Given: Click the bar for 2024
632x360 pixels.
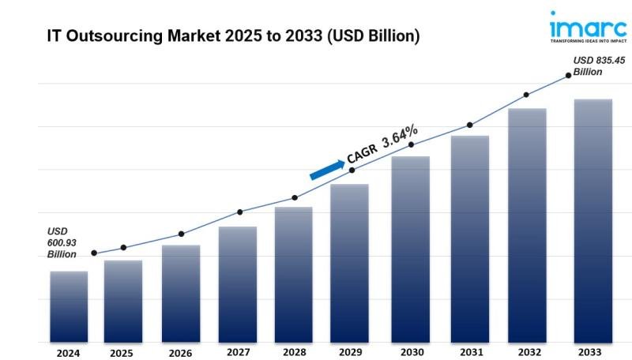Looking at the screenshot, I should click(x=69, y=306).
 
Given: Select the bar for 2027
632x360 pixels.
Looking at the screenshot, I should click(x=238, y=284).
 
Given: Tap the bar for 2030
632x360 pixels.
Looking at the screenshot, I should click(x=411, y=249).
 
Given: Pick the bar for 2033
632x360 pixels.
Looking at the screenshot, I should click(x=592, y=220).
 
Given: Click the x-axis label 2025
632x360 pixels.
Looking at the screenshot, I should click(x=122, y=353).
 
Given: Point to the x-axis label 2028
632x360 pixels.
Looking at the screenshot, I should click(x=295, y=352).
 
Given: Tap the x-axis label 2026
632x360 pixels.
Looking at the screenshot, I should click(x=180, y=353).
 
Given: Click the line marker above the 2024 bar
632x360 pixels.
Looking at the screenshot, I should click(x=94, y=253).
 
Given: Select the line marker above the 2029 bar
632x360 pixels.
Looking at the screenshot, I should click(x=352, y=170).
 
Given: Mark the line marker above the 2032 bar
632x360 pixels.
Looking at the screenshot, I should click(x=526, y=95).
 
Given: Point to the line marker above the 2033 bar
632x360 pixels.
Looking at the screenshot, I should click(x=568, y=76).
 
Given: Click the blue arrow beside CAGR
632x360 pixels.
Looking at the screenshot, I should click(x=326, y=169).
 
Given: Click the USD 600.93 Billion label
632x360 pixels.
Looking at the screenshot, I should click(x=62, y=242).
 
